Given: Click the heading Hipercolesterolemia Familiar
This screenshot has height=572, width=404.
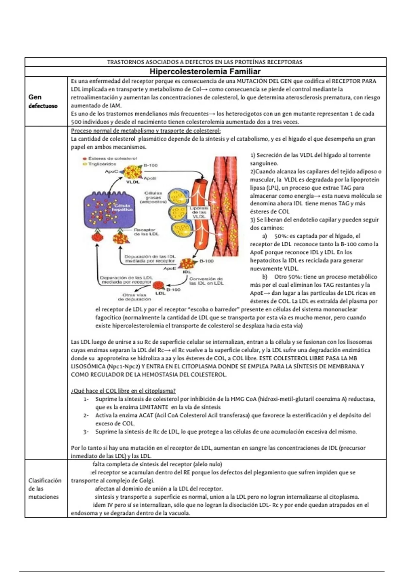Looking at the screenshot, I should pyautogui.click(x=205, y=71).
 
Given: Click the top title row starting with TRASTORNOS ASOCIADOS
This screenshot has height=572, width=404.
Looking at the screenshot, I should pyautogui.click(x=205, y=62).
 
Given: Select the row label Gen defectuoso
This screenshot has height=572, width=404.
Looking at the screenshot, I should pyautogui.click(x=43, y=101).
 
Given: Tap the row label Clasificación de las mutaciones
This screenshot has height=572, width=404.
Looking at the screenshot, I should pyautogui.click(x=45, y=489).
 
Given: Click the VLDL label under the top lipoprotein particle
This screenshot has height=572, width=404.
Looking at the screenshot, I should pyautogui.click(x=133, y=182).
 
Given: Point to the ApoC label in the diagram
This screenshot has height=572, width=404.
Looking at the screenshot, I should pyautogui.click(x=111, y=171).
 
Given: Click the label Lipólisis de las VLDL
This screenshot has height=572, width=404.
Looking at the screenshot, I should pyautogui.click(x=199, y=212).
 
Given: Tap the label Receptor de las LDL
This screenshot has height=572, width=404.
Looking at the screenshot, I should pyautogui.click(x=146, y=231).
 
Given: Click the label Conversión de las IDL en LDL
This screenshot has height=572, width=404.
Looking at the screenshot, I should pyautogui.click(x=206, y=281).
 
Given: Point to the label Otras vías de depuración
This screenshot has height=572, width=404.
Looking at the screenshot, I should pyautogui.click(x=134, y=297).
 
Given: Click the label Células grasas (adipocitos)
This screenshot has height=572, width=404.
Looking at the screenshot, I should pyautogui.click(x=153, y=198).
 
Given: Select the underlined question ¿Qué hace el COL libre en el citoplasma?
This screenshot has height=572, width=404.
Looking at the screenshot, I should pyautogui.click(x=123, y=391).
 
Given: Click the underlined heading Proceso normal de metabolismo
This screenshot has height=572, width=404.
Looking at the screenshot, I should pyautogui.click(x=146, y=131).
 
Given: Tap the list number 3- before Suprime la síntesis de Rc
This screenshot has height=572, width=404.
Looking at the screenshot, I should pyautogui.click(x=86, y=432).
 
